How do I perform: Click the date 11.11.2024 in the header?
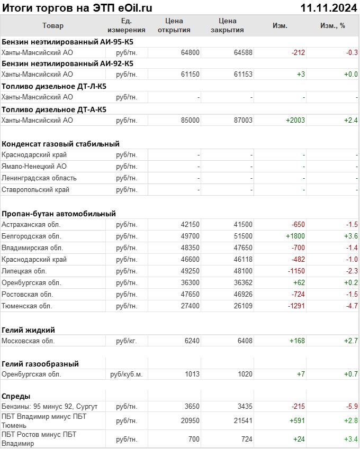328,7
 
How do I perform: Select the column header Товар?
53,25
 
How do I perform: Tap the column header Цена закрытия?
227,25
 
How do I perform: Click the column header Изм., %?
332,25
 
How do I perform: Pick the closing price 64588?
242,52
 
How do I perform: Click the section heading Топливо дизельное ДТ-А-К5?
54,109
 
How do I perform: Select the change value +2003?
295,120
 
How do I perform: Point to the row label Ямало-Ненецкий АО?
34,167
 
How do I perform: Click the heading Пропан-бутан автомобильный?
59,214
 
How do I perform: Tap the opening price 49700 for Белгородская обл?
190,236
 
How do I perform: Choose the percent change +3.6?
351,236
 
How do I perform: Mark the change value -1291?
295,306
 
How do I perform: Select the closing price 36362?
242,282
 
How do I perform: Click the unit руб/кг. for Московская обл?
126,341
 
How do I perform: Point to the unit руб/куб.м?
126,374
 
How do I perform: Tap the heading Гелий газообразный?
41,364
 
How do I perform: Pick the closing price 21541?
242,420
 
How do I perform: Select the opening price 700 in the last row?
193,439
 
